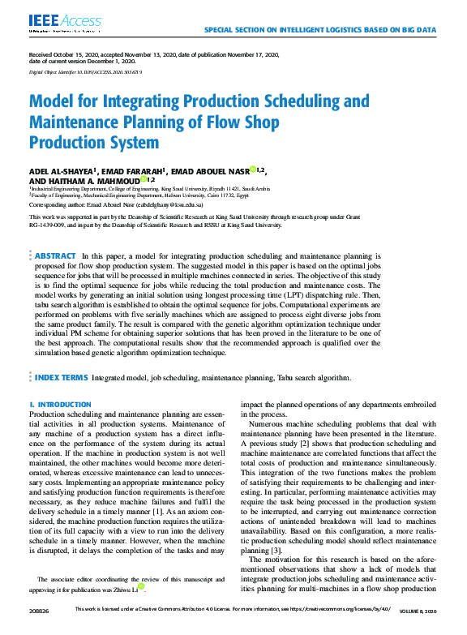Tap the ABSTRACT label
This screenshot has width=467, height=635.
[x=56, y=255]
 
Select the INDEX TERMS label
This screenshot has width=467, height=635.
[x=61, y=377]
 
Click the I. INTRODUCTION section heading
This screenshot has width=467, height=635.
[x=60, y=404]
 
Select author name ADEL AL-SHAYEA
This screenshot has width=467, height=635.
[x=63, y=171]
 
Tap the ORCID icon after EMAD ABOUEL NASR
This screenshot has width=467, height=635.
[x=252, y=169]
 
